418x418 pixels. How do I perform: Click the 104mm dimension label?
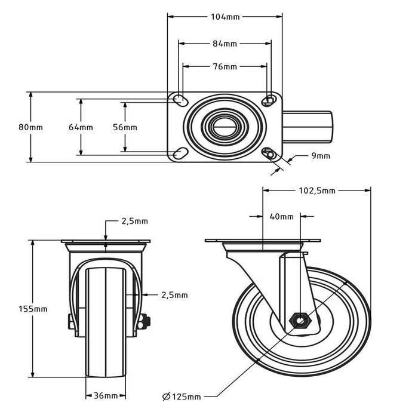pyautogui.click(x=225, y=17)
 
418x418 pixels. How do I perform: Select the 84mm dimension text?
pyautogui.click(x=225, y=44)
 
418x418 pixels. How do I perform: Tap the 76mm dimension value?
pyautogui.click(x=225, y=66)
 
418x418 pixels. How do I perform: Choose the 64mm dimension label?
pyautogui.click(x=81, y=127)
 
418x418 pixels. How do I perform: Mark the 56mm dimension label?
pyautogui.click(x=125, y=127)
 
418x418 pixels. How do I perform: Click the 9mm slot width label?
pyautogui.click(x=321, y=156)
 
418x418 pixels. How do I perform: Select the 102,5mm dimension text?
pyautogui.click(x=316, y=191)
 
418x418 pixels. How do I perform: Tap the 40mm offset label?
pyautogui.click(x=281, y=217)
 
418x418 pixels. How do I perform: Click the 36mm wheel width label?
pyautogui.click(x=106, y=395)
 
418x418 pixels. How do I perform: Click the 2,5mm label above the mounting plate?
pyautogui.click(x=134, y=221)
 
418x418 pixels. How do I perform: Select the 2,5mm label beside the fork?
pyautogui.click(x=174, y=294)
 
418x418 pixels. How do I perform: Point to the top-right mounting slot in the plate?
pyautogui.click(x=269, y=99)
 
